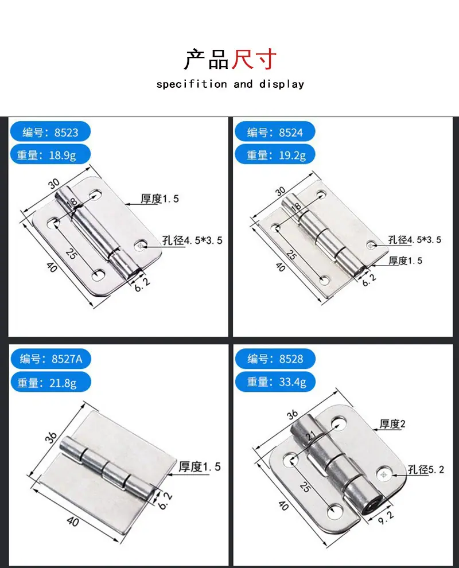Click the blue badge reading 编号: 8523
click(x=50, y=132)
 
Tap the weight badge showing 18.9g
click(x=50, y=155)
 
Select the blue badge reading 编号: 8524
click(x=275, y=132)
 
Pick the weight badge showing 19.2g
click(x=275, y=155)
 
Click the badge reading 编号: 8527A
click(x=50, y=359)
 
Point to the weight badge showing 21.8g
click(x=50, y=382)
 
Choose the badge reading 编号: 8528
click(x=275, y=359)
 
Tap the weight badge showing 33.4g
click(x=275, y=382)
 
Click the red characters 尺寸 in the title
click(x=254, y=59)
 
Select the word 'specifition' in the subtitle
click(x=192, y=84)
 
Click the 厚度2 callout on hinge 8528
click(x=392, y=423)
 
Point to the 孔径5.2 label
click(x=426, y=469)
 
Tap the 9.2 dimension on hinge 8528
click(x=386, y=519)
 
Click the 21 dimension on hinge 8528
click(x=311, y=435)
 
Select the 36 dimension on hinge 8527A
click(x=51, y=437)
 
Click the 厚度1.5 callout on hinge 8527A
click(x=200, y=466)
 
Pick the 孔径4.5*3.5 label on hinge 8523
click(x=192, y=240)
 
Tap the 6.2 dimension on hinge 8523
click(x=142, y=285)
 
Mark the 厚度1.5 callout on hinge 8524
click(x=406, y=260)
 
